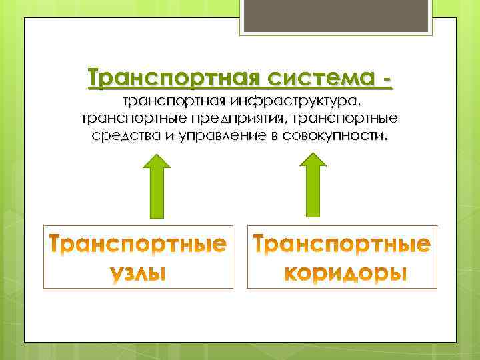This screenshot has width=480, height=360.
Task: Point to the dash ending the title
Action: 386,79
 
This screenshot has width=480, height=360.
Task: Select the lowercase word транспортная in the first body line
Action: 174,102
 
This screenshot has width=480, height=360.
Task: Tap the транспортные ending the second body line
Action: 354,119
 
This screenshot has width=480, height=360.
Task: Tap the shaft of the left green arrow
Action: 158,193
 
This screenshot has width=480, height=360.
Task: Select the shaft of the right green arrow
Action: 313,193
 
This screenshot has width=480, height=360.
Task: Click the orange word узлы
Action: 138,273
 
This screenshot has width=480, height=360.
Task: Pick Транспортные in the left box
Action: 138,245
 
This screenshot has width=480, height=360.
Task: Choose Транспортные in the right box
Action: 343,245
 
